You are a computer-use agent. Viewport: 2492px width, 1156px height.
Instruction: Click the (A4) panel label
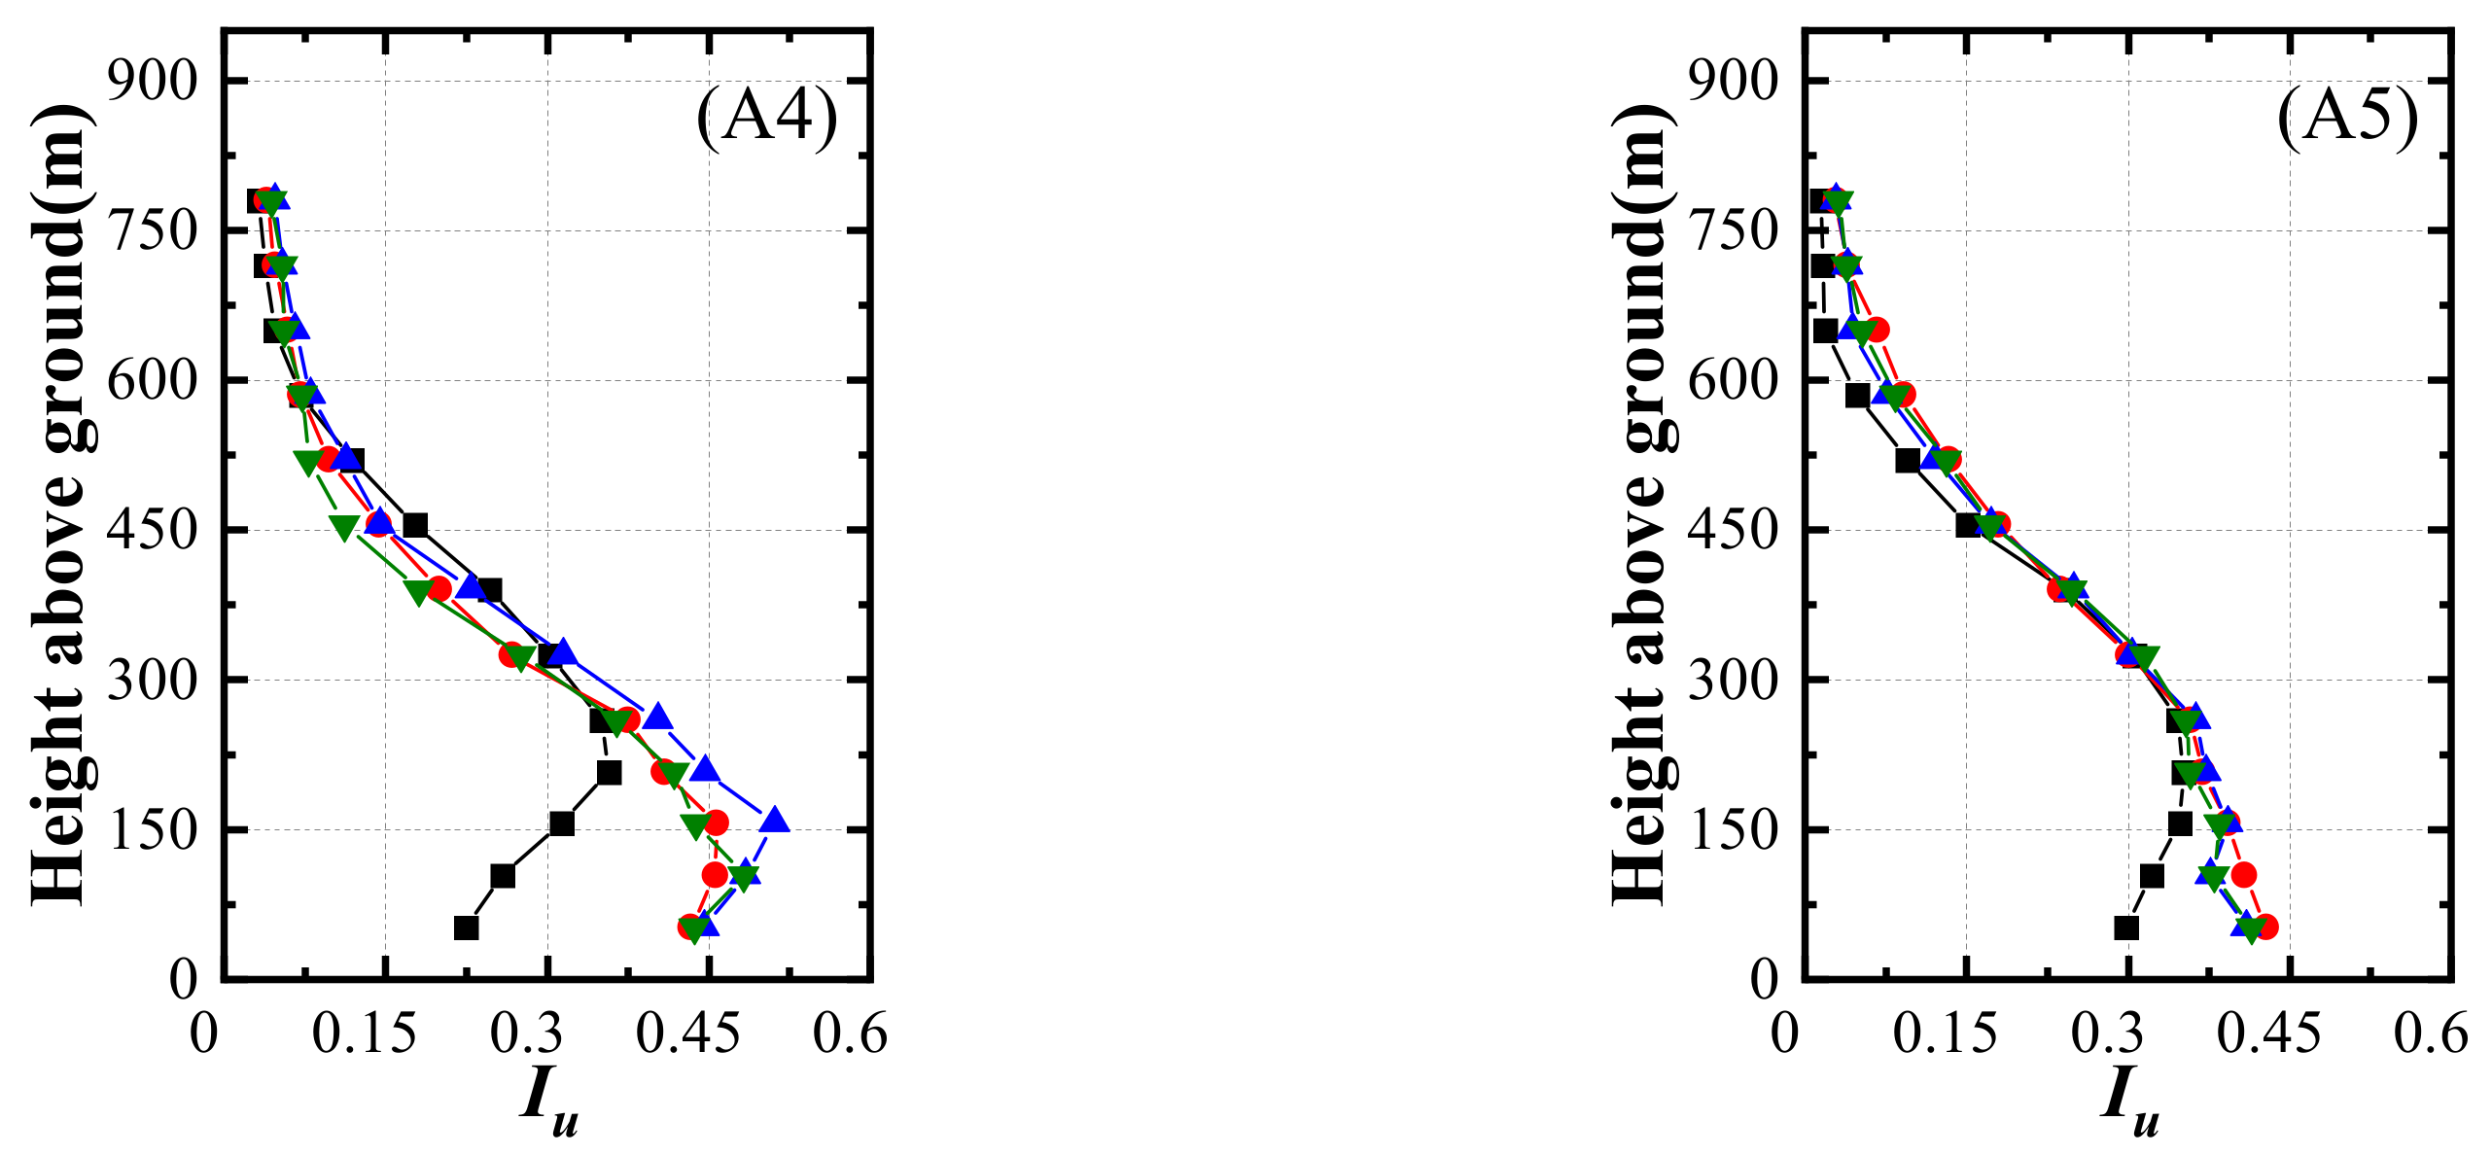(x=766, y=118)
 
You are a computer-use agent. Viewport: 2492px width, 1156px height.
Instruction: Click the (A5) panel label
(x=2347, y=118)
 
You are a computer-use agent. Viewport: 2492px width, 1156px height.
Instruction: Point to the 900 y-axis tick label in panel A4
(x=153, y=80)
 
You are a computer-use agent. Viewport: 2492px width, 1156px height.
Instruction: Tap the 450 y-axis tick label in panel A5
(x=1734, y=530)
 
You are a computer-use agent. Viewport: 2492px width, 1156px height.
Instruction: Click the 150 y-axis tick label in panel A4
(x=153, y=829)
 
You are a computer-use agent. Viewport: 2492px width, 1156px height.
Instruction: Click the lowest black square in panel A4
(x=467, y=928)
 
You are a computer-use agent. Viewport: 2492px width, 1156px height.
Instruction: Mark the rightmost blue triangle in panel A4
(x=775, y=820)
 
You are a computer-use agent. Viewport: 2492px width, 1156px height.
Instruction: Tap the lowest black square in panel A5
(x=2127, y=928)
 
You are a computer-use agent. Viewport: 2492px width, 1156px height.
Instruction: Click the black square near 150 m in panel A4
(x=562, y=823)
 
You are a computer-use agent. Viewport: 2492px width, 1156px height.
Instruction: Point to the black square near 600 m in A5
(x=1857, y=396)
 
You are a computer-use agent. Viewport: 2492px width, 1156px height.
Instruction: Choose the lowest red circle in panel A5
(x=2265, y=927)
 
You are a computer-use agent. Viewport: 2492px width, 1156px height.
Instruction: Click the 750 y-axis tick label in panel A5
(x=1734, y=230)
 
